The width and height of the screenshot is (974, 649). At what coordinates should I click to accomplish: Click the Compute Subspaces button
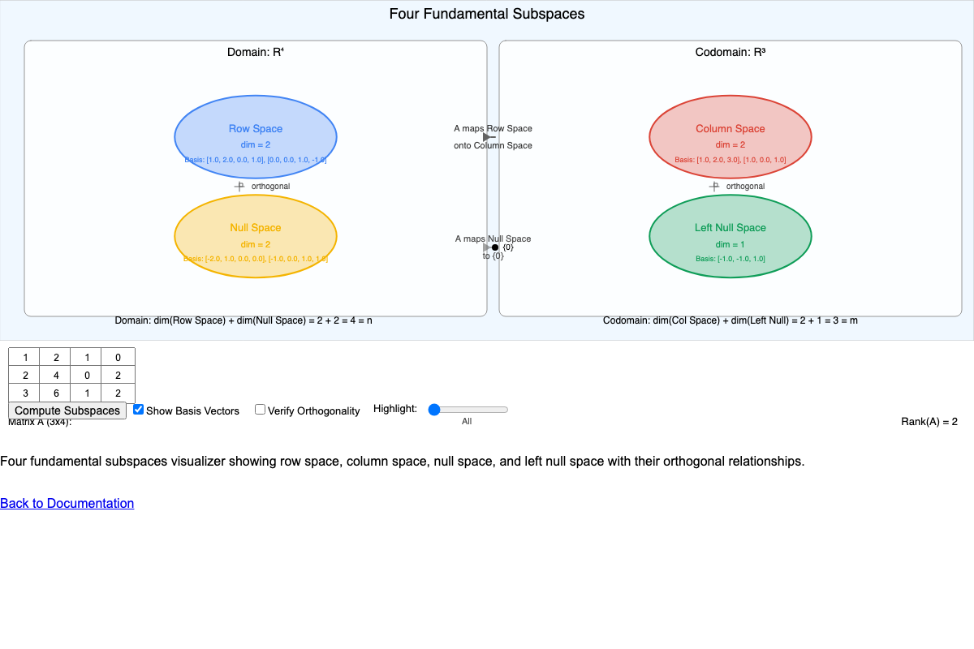[x=67, y=410]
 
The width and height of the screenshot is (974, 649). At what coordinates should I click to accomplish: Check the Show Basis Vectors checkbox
[x=139, y=410]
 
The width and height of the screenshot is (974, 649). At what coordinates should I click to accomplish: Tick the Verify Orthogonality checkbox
[x=261, y=410]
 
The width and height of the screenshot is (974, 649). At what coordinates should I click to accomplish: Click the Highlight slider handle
[x=434, y=410]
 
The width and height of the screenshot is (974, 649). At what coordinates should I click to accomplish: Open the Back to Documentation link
[x=67, y=503]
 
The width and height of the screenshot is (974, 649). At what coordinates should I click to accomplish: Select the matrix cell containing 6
[x=56, y=393]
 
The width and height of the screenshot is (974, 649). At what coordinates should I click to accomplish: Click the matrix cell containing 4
[x=56, y=376]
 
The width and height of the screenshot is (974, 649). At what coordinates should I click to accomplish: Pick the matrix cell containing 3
[x=25, y=393]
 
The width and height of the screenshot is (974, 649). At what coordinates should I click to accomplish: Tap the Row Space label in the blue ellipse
[x=256, y=128]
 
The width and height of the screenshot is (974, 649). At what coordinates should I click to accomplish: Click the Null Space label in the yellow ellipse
[x=256, y=228]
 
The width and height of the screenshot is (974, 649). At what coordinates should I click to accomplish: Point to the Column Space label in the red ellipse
[x=730, y=128]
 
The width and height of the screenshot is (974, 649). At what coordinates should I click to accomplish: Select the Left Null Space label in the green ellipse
[x=730, y=228]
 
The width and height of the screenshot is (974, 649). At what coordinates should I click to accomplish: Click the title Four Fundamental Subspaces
[x=487, y=14]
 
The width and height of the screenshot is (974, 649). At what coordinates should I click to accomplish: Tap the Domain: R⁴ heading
[x=256, y=52]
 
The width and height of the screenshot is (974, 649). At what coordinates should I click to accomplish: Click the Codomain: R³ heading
[x=730, y=52]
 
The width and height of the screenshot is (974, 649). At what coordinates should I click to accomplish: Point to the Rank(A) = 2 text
[x=929, y=421]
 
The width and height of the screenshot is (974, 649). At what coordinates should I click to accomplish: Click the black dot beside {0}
[x=495, y=247]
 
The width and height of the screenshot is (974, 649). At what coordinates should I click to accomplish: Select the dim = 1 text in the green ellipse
[x=730, y=244]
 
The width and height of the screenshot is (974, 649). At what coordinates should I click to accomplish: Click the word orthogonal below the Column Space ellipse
[x=745, y=186]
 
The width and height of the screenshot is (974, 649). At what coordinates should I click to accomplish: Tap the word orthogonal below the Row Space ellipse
[x=270, y=186]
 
